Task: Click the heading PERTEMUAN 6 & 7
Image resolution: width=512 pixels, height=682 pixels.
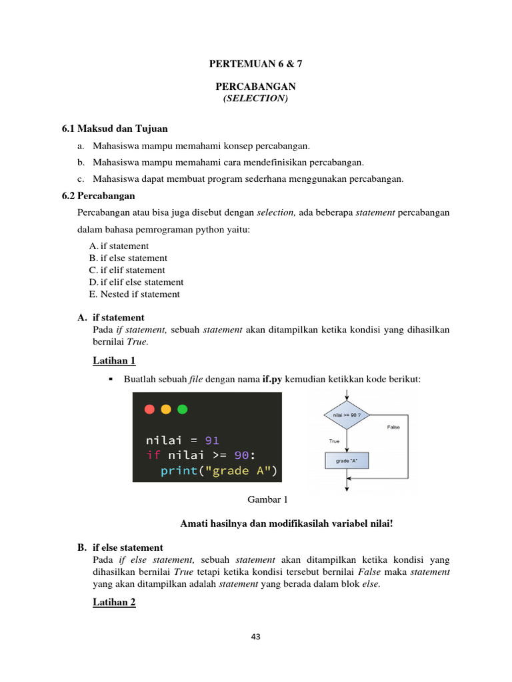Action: tap(255, 65)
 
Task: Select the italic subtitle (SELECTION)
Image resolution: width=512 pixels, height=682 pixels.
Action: tap(255, 99)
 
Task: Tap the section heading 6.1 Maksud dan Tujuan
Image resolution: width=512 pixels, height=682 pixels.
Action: tap(115, 128)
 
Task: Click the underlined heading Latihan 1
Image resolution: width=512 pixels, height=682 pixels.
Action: tap(114, 360)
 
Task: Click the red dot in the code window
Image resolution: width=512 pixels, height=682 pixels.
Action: tap(149, 409)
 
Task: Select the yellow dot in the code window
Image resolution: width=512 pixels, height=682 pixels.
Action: tap(166, 409)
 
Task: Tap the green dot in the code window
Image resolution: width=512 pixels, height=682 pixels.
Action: tap(182, 409)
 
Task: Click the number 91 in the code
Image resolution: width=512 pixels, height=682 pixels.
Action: tap(211, 440)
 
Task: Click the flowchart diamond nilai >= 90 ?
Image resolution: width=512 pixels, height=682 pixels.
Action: tap(346, 415)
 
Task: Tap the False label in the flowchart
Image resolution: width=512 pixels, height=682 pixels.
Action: tap(393, 427)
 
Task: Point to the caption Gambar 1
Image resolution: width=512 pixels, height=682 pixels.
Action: tap(266, 499)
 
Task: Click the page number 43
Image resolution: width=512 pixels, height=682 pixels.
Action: tap(255, 637)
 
